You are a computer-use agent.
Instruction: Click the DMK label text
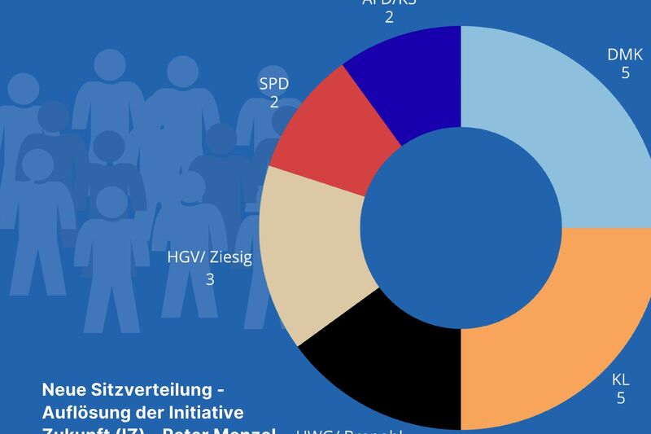(x=625, y=55)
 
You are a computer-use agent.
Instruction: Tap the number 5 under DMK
(x=625, y=73)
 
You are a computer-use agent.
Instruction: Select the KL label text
(x=621, y=379)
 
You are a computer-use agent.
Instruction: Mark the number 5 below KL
(x=621, y=398)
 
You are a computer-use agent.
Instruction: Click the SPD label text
(x=274, y=84)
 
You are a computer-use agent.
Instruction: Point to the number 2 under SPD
(x=274, y=103)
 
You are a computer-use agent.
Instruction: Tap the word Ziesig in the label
(x=230, y=258)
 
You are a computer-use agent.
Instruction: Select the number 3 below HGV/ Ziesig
(x=210, y=280)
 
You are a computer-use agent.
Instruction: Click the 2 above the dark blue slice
(x=389, y=17)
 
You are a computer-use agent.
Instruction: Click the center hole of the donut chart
(x=461, y=229)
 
